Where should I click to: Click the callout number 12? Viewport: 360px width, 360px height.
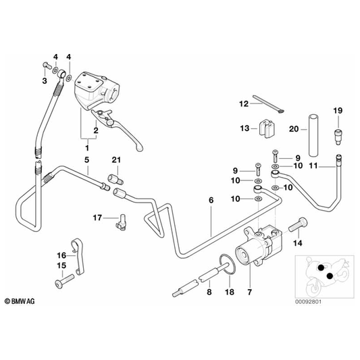point(244,104)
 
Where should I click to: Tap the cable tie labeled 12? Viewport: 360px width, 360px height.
point(268,104)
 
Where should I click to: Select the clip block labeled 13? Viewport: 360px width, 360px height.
point(267,128)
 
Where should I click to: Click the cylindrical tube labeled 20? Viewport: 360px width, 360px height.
point(313,135)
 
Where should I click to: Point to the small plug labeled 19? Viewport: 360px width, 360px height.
point(337,137)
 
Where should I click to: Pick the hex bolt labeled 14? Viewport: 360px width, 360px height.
point(298,224)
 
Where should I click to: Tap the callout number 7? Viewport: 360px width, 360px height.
point(250,292)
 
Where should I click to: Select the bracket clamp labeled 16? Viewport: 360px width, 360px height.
point(78,256)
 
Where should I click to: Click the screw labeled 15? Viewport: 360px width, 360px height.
point(65,280)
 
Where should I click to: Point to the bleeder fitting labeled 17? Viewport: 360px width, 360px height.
point(122,222)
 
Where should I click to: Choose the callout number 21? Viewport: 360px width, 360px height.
point(116,160)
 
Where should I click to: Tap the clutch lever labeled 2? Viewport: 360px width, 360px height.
point(117,130)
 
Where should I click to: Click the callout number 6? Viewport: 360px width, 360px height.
point(211,200)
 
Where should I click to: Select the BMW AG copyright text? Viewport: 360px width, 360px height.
point(20,301)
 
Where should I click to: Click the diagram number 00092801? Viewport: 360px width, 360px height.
point(309,301)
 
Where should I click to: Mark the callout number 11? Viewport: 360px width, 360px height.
point(313,165)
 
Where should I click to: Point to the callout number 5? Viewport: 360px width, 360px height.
point(86,160)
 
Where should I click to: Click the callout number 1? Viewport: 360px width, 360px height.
point(87,148)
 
